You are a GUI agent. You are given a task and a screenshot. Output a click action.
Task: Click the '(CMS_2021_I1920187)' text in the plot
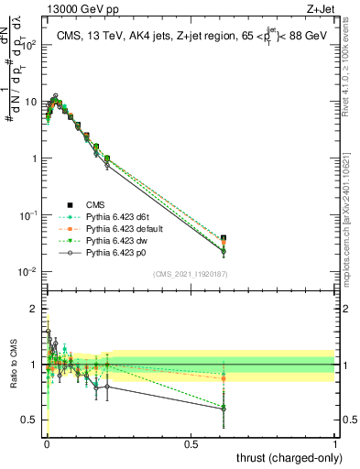(x=190, y=274)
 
